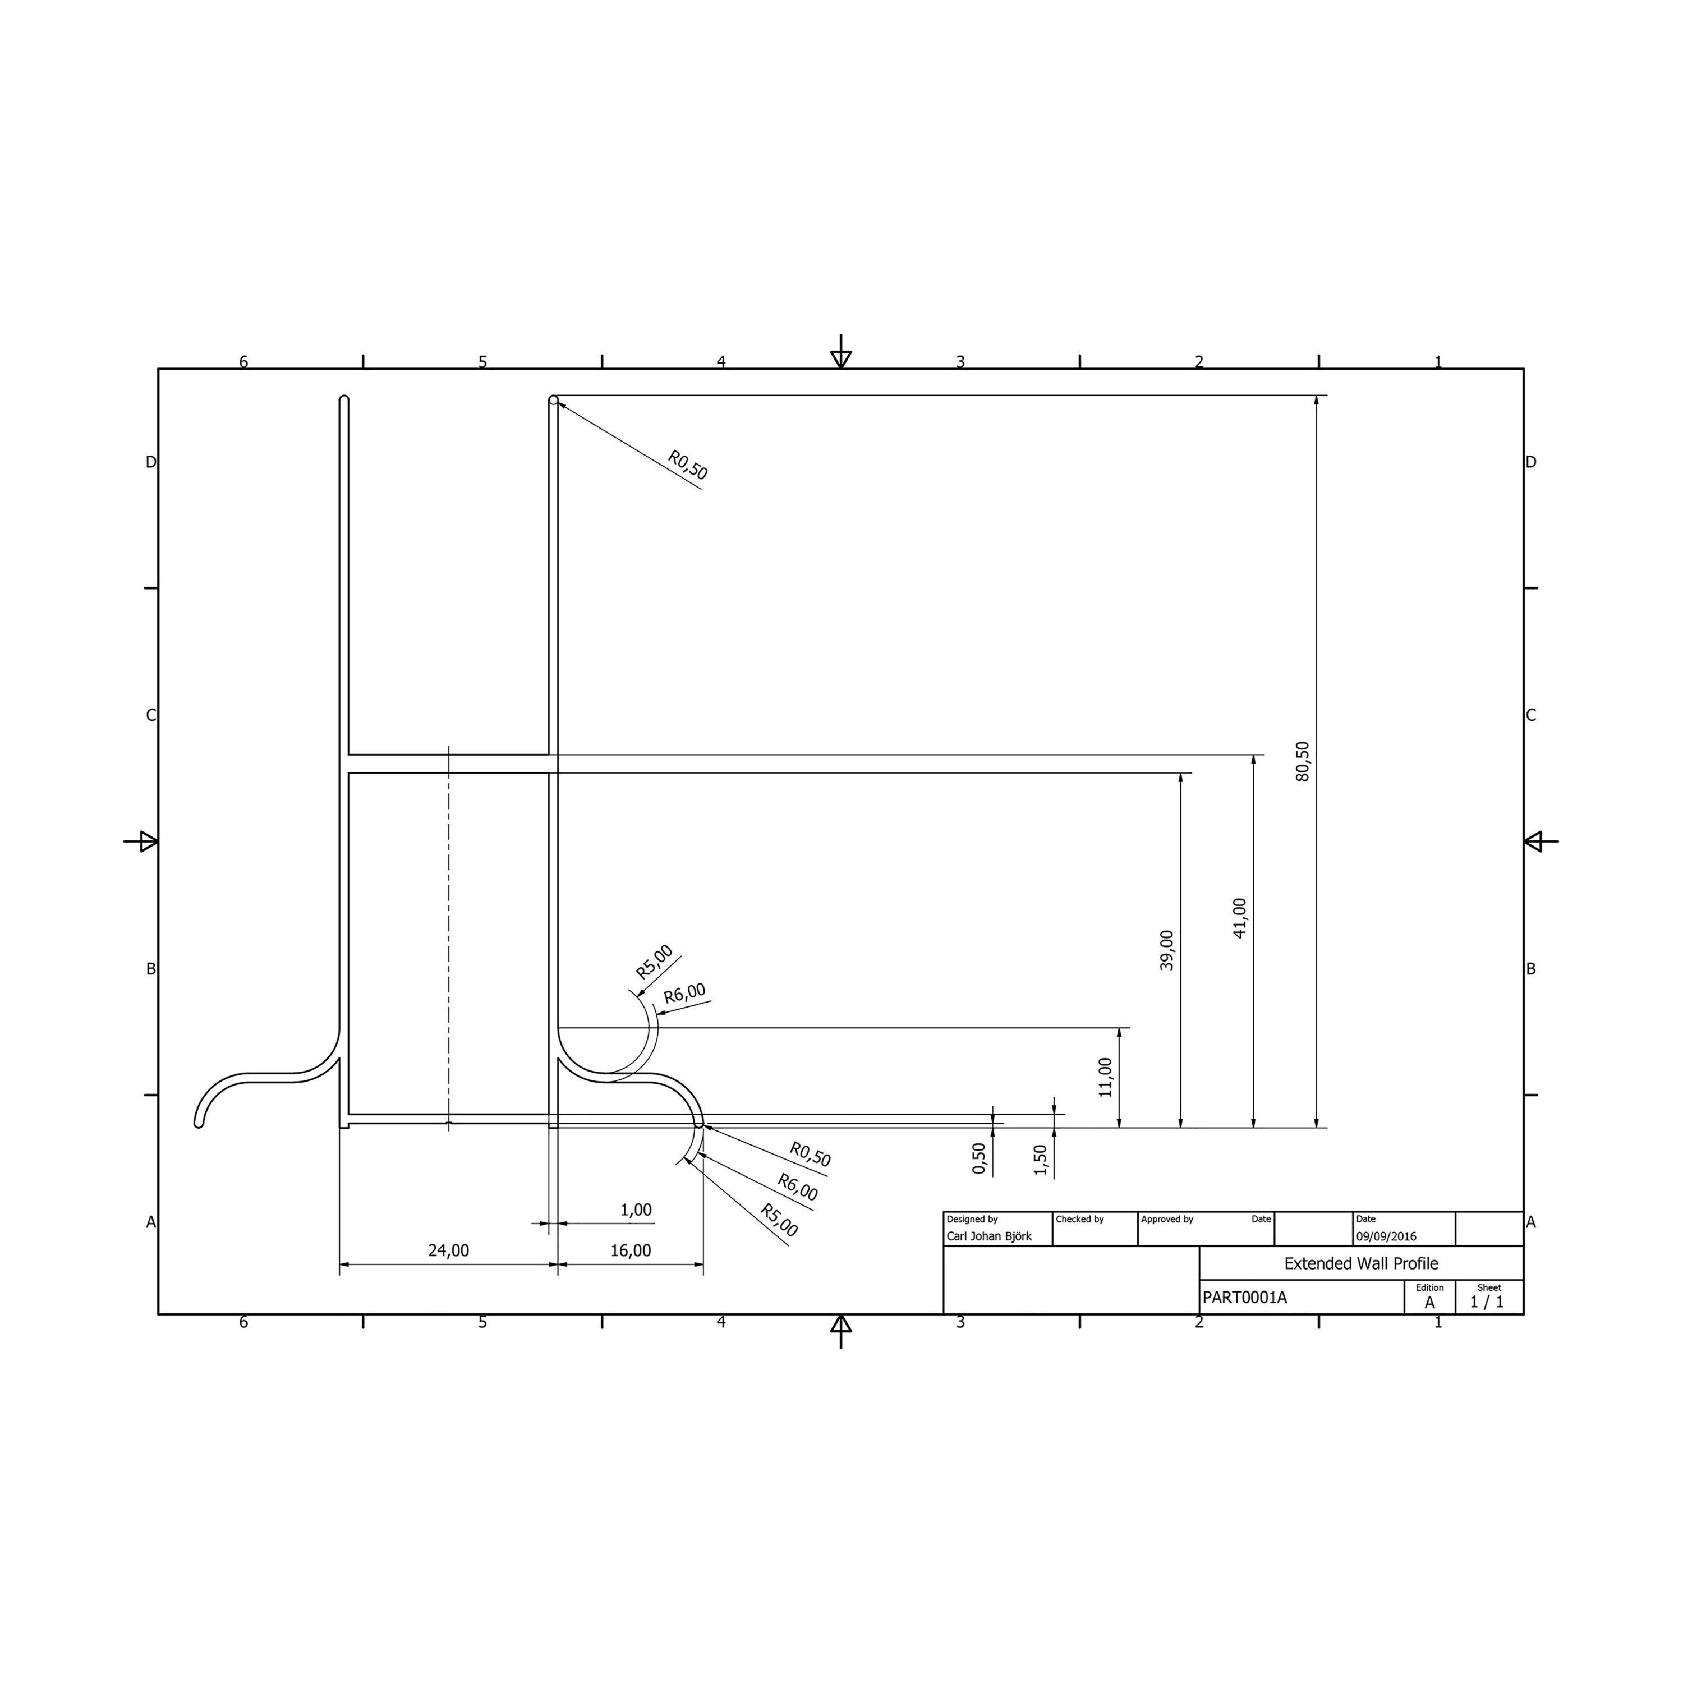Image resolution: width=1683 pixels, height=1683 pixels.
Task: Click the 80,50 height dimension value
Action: point(1302,761)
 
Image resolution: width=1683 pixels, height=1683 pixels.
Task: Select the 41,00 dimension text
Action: point(1240,917)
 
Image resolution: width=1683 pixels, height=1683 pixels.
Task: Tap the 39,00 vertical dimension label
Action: point(1166,950)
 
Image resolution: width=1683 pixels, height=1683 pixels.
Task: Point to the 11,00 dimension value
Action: point(1105,1077)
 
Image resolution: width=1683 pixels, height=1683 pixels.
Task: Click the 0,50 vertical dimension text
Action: point(978,1158)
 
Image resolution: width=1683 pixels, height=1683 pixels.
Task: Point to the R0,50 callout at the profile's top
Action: point(687,465)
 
